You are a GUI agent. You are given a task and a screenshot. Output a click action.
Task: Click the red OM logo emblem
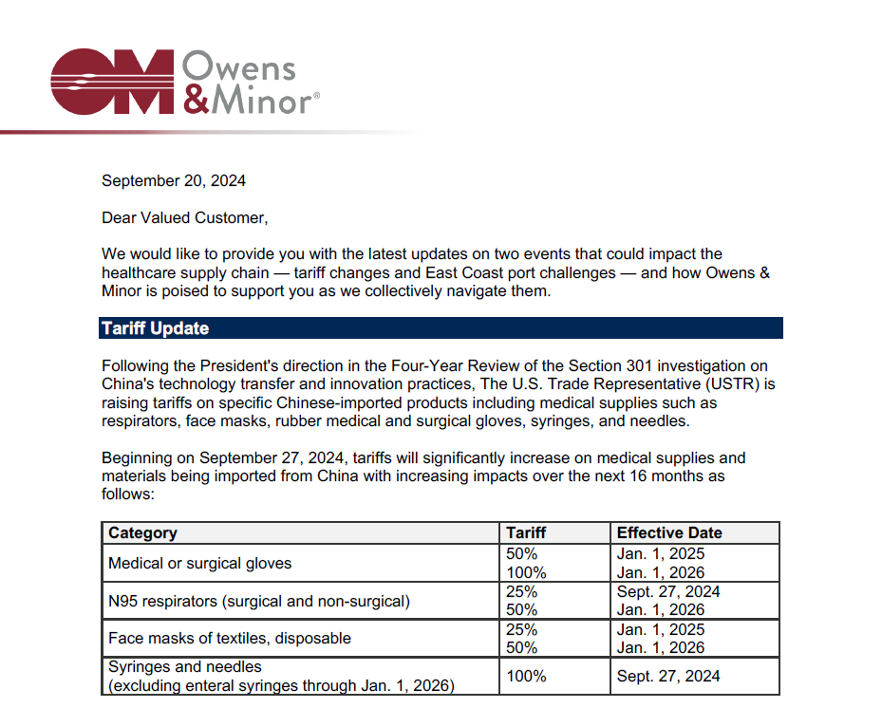click(x=112, y=82)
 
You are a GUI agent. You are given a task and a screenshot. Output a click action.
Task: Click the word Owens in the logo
click(x=238, y=67)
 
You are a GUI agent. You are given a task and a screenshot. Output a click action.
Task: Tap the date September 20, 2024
click(x=174, y=180)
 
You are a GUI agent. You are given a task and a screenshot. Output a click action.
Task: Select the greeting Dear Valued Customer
click(x=185, y=218)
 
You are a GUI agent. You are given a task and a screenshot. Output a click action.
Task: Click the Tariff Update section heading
click(x=156, y=328)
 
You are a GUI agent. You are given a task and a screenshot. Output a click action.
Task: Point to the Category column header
click(x=142, y=533)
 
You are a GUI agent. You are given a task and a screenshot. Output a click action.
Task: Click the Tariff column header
click(x=526, y=533)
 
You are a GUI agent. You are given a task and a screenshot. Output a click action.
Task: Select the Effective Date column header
click(x=669, y=533)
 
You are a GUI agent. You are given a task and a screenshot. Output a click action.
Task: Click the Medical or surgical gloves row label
click(x=200, y=563)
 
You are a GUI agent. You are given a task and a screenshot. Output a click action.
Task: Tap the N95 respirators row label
click(x=259, y=600)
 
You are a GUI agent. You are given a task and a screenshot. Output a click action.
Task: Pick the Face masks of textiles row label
click(x=230, y=638)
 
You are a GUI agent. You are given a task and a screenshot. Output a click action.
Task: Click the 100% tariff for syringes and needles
click(x=527, y=677)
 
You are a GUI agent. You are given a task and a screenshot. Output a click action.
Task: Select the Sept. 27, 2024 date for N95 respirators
click(x=668, y=591)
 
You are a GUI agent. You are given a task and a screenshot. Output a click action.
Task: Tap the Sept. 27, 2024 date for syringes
click(x=668, y=677)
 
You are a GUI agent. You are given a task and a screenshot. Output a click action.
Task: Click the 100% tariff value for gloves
click(x=527, y=572)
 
